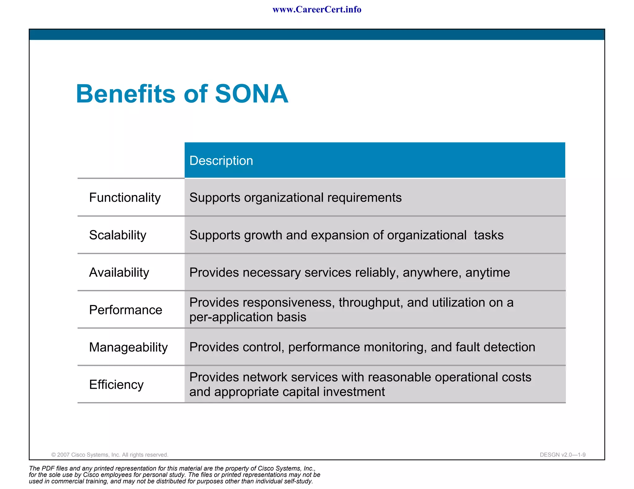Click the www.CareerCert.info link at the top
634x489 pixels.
[x=317, y=10]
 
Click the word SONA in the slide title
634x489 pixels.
[x=251, y=94]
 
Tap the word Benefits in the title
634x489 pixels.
[x=126, y=94]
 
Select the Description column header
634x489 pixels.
[x=221, y=161]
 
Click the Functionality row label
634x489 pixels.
[x=125, y=198]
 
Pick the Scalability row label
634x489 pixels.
[x=118, y=235]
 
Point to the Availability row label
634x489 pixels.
[x=119, y=272]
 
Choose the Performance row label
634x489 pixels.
[x=125, y=310]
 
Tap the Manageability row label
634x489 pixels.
[x=128, y=347]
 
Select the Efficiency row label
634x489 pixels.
[x=116, y=385]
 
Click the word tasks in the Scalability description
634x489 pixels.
[x=489, y=235]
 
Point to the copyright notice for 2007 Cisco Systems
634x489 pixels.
[x=110, y=455]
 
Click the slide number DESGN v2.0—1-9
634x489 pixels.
[x=562, y=455]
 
